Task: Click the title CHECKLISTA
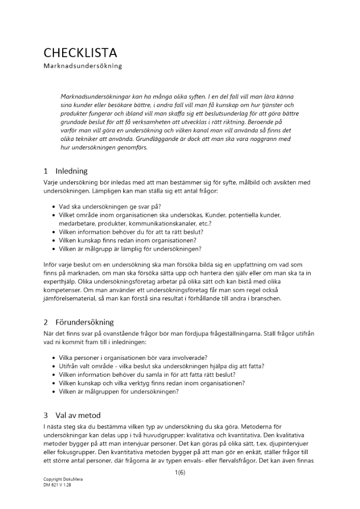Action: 80,52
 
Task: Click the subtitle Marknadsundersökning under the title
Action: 82,66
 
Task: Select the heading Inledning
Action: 71,171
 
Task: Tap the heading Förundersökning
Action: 85,322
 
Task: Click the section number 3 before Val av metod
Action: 46,415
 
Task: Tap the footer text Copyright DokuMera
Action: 63,480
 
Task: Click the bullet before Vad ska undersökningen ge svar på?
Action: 54,207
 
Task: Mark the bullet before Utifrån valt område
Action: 54,366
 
